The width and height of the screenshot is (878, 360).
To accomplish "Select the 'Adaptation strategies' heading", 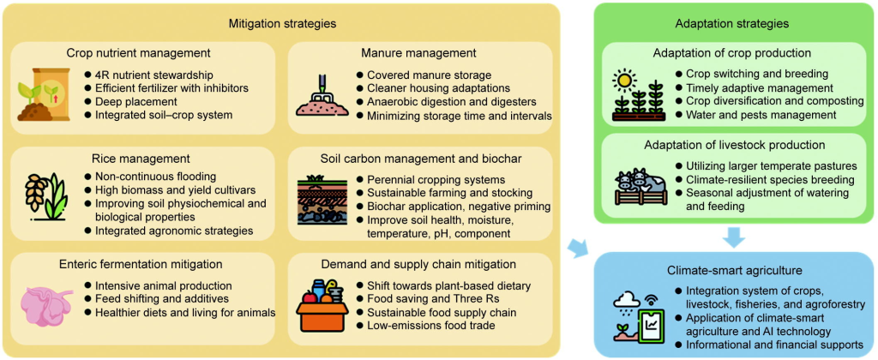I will click(732, 24).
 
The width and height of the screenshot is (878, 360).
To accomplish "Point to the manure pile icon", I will click(321, 95).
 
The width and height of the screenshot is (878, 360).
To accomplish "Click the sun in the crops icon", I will click(624, 81).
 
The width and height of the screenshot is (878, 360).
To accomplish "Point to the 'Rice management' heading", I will click(140, 158).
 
